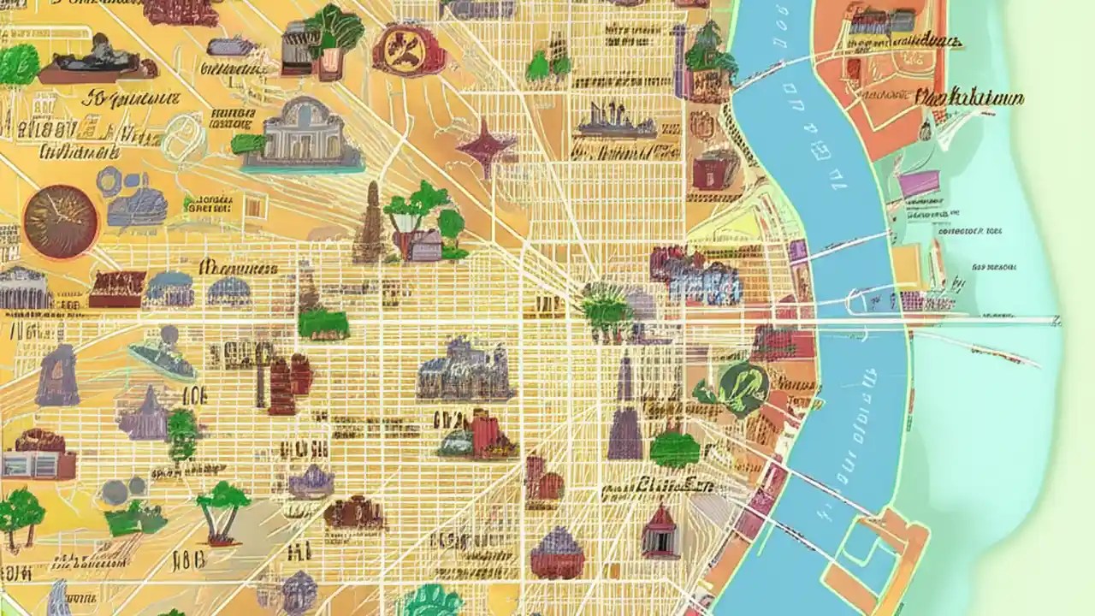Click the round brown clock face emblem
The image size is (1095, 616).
tap(61, 222)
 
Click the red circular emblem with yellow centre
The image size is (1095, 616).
tap(409, 49)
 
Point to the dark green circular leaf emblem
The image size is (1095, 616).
tap(742, 388)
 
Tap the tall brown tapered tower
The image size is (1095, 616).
tap(370, 224)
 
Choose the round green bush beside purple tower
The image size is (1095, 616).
tap(675, 449)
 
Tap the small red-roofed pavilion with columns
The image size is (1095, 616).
tap(660, 533)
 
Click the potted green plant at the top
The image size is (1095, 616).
tap(334, 38)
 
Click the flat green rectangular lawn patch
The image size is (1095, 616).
tap(323, 324)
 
